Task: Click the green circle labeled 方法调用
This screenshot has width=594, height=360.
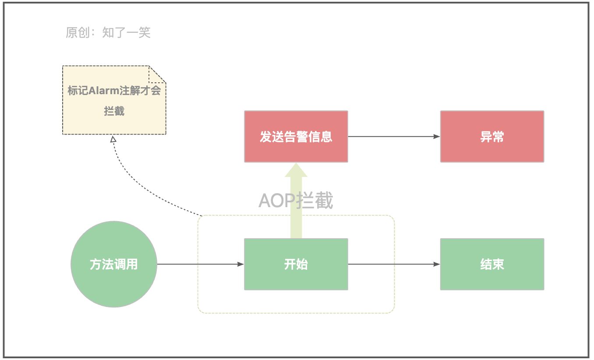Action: [x=114, y=264]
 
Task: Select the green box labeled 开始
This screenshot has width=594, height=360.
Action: [x=296, y=264]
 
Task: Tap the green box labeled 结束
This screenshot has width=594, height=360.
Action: [x=492, y=264]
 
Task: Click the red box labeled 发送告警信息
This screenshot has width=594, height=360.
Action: [x=296, y=136]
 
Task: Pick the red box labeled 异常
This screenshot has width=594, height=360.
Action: [x=492, y=136]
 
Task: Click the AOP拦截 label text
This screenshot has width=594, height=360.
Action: [x=296, y=201]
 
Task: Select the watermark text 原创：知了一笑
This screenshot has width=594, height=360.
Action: [x=108, y=32]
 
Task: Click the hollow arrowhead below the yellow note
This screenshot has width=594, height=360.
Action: [x=113, y=139]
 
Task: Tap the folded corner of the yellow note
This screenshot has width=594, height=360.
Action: [x=157, y=74]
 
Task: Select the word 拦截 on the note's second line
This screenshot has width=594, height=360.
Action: [x=114, y=111]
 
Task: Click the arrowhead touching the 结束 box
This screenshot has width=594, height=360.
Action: [x=437, y=264]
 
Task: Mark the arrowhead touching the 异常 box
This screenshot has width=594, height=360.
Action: [x=437, y=136]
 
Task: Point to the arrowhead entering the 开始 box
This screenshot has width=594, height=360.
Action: [x=240, y=264]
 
